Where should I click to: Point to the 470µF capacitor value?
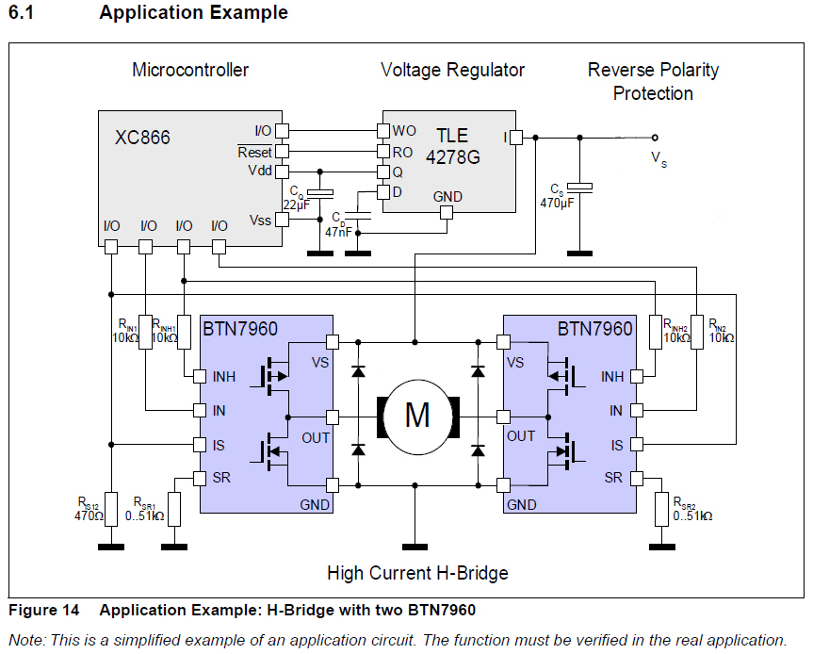[557, 202]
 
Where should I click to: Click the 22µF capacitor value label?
[296, 204]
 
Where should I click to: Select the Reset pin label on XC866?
[254, 152]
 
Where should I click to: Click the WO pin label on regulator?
[404, 130]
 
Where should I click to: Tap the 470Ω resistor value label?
[89, 516]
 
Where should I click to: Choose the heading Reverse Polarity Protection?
[653, 81]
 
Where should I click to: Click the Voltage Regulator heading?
[452, 70]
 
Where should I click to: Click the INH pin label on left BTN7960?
[224, 377]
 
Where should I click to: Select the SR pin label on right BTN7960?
[613, 477]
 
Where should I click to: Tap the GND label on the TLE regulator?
[447, 196]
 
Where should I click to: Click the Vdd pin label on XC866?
[259, 171]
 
